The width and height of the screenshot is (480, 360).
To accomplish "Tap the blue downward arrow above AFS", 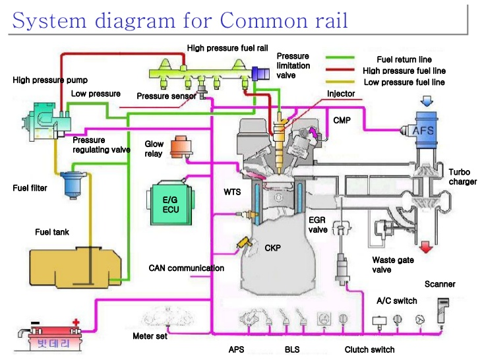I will [426, 101].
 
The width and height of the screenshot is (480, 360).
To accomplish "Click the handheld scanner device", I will [443, 310].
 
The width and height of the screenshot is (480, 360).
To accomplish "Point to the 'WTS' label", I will [232, 193].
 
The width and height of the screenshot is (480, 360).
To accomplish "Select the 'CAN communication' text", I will [186, 268].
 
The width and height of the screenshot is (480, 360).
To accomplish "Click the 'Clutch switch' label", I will [369, 349].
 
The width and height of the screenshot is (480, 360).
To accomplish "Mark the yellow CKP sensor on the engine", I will [243, 245].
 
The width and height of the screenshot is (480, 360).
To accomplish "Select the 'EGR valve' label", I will [318, 225].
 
